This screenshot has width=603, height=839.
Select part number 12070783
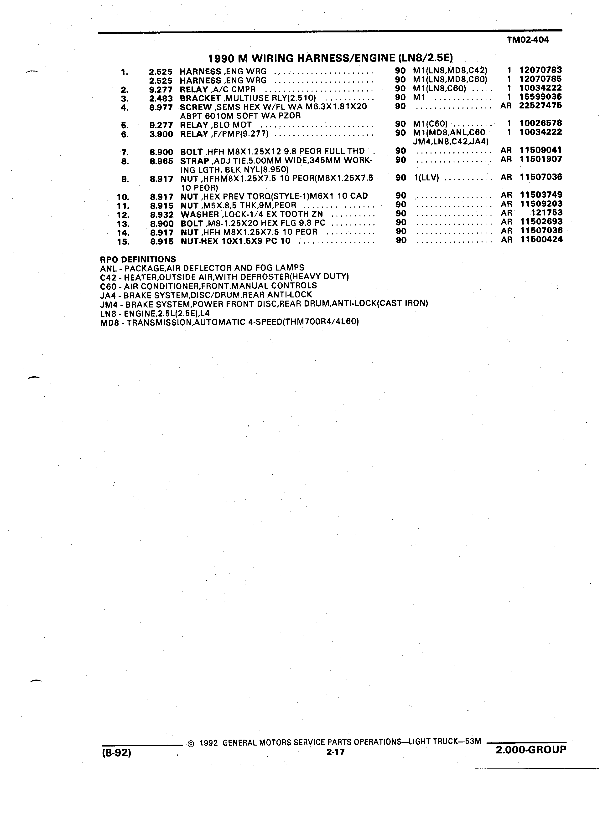click(541, 70)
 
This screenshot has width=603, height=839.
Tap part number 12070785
click(541, 79)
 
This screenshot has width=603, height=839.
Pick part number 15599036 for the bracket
click(541, 97)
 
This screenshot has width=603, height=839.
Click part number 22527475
click(541, 105)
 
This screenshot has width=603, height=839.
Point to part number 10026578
click(541, 123)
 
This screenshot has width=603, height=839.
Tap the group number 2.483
click(161, 99)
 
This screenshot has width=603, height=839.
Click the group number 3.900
click(161, 134)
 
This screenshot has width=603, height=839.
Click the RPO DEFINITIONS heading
click(138, 259)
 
